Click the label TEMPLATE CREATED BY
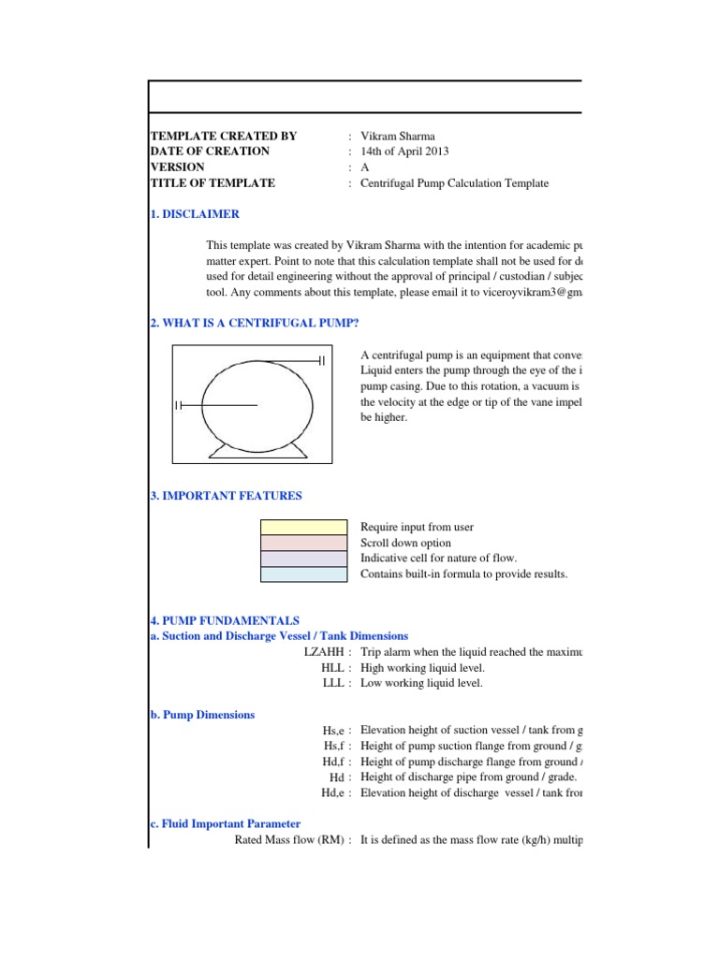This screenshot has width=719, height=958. (x=223, y=136)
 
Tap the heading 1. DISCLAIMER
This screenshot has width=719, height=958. (x=195, y=214)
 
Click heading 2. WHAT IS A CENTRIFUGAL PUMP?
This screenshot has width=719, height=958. (x=256, y=324)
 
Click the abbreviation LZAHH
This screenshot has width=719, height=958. (x=324, y=652)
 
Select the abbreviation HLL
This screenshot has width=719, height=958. (x=334, y=668)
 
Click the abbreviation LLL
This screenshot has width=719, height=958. (x=335, y=684)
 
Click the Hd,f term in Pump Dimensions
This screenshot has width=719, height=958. (x=334, y=762)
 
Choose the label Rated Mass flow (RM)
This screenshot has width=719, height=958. (x=289, y=840)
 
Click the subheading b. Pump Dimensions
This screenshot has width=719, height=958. (x=202, y=715)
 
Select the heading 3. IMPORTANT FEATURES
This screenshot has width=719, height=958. (x=226, y=496)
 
